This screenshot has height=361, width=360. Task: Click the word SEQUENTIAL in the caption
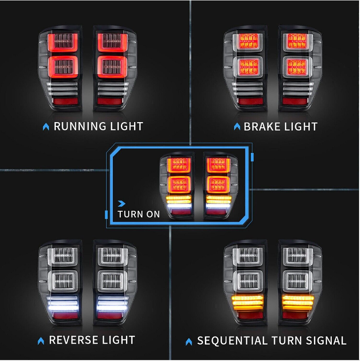[x=230, y=341]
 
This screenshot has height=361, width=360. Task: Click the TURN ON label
[x=139, y=214]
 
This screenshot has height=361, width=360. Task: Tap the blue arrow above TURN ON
[x=122, y=203]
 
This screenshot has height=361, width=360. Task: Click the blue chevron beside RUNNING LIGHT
[x=46, y=127]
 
